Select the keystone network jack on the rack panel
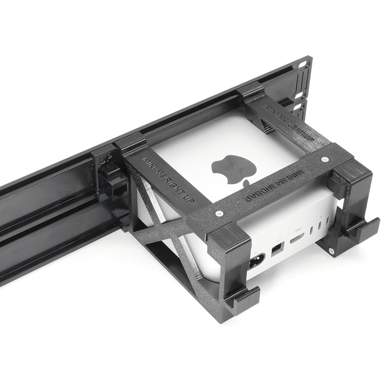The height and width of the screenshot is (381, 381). [116, 185]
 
